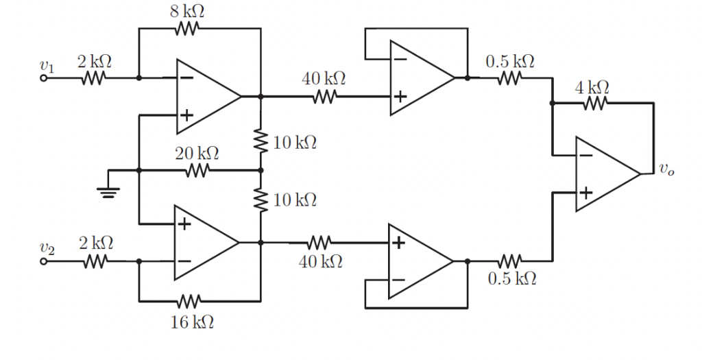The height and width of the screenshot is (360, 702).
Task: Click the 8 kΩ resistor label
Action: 186,11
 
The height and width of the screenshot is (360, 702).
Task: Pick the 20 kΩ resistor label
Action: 197,153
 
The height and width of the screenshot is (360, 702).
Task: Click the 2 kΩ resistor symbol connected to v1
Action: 93,78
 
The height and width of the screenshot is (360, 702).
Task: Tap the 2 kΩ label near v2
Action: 95,243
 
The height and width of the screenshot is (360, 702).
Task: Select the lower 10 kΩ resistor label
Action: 295,200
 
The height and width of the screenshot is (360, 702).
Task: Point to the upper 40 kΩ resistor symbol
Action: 324,97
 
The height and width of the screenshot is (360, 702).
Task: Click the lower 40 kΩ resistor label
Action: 322,261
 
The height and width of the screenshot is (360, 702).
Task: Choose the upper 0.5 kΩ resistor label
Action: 510,60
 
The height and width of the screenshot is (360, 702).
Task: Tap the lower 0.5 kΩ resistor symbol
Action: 509,261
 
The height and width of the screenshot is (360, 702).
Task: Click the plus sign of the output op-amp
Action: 585,193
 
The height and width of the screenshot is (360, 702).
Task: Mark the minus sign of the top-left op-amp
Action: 186,78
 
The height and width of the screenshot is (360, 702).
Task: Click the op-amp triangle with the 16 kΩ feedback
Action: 202,242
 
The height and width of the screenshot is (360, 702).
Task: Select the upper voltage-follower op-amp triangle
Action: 417,77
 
